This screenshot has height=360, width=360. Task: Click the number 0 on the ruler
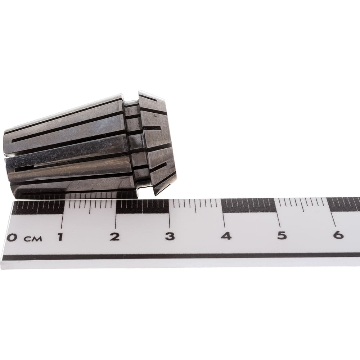tap(11, 237)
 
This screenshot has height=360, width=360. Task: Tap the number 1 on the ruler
tap(60, 237)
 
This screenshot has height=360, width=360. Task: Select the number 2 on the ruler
tap(114, 237)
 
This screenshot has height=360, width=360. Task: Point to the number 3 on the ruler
tap(170, 236)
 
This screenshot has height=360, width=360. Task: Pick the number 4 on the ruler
tap(226, 236)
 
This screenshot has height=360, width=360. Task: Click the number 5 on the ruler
tap(282, 235)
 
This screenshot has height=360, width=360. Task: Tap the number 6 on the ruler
tap(338, 235)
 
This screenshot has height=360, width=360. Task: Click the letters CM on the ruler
tap(33, 239)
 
